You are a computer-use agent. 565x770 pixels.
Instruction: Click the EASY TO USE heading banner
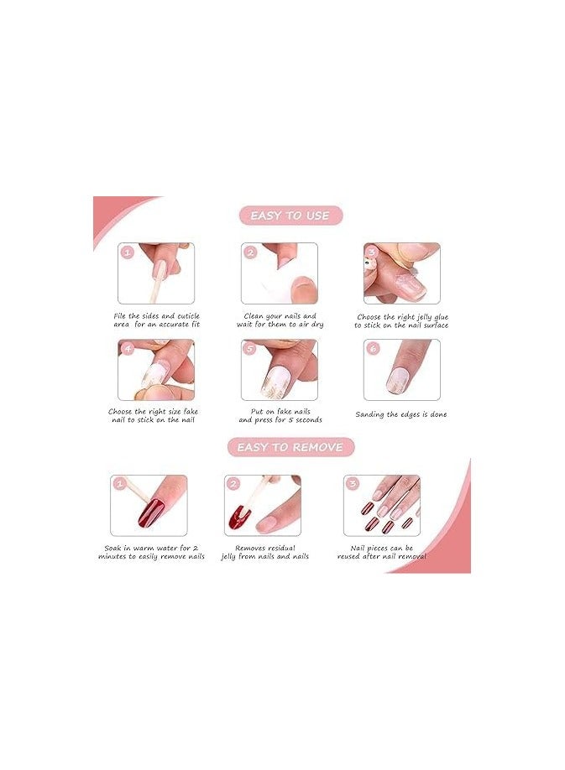tap(290, 216)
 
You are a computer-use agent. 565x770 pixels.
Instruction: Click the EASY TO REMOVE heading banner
tap(290, 447)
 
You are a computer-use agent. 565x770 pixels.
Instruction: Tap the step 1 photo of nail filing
tap(156, 273)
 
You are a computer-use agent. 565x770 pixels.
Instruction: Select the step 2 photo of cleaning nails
tap(280, 273)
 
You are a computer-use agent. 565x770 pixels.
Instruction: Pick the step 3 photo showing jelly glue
tap(402, 273)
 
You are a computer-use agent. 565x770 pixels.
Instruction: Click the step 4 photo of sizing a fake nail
tap(156, 370)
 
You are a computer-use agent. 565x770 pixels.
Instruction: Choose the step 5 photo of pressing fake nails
tap(280, 370)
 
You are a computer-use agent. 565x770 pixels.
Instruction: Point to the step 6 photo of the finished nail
tap(402, 370)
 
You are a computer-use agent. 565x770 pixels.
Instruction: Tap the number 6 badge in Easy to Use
tap(372, 347)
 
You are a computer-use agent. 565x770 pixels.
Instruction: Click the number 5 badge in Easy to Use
tap(249, 348)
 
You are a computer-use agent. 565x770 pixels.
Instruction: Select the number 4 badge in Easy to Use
tap(127, 348)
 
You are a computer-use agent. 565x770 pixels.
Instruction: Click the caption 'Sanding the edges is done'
tap(401, 414)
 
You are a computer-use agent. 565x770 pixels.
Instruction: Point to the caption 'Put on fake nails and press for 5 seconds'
tap(280, 415)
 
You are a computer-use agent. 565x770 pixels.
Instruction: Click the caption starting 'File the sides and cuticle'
tap(156, 320)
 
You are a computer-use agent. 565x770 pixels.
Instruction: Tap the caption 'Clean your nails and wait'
tap(280, 320)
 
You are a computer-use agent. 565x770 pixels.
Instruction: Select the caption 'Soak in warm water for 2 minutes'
tap(151, 552)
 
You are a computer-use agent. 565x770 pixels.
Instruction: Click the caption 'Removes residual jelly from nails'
tap(264, 552)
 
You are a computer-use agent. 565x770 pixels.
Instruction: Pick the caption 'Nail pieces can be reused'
tap(382, 552)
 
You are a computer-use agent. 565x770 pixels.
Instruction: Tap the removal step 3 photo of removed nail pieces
tap(382, 506)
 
